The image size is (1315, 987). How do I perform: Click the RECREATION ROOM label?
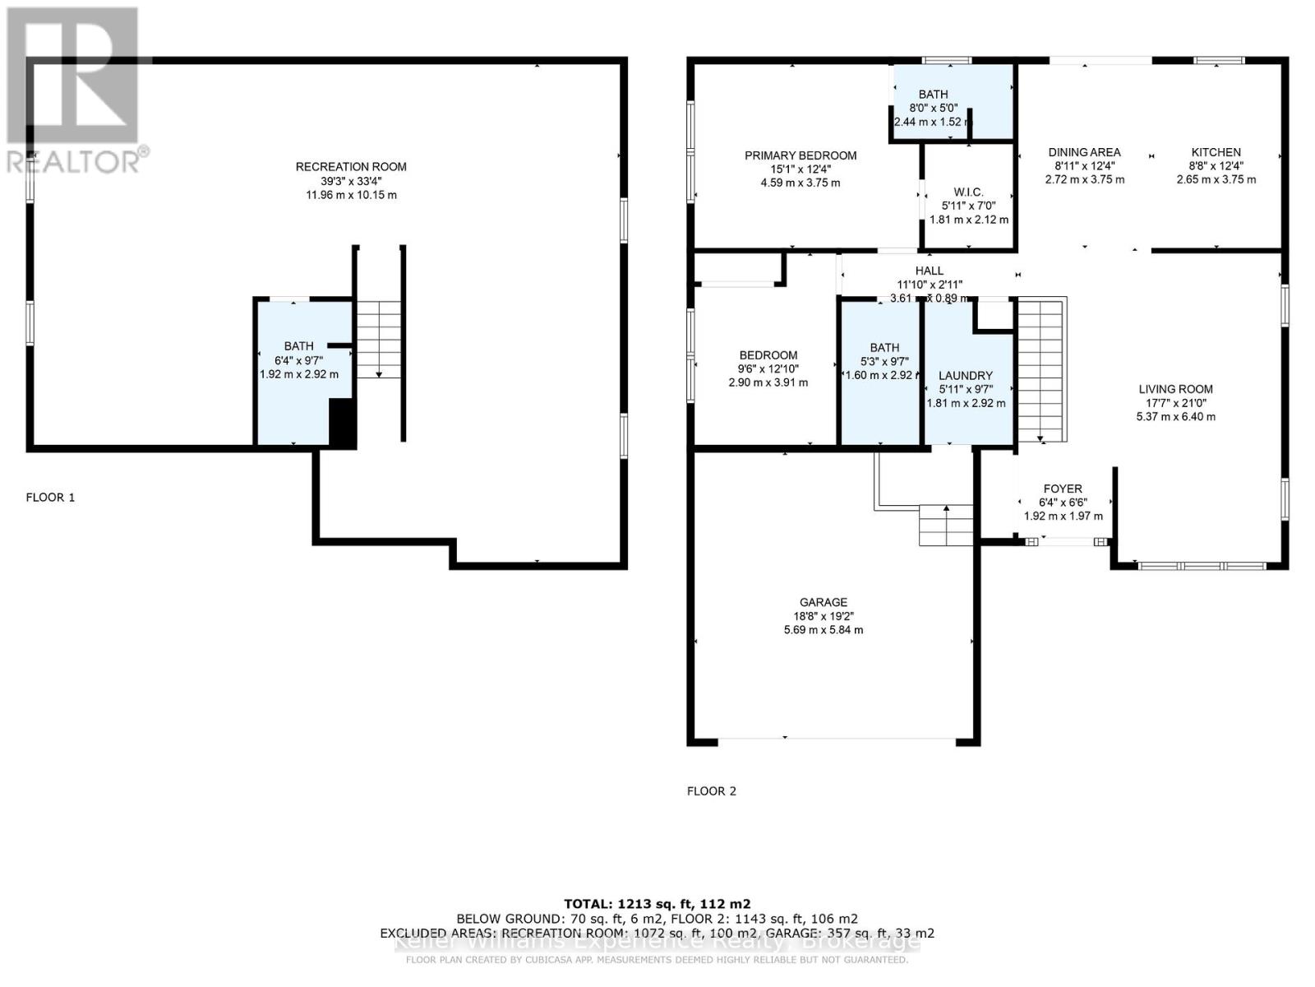point(351,167)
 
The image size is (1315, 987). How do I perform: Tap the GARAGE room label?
point(823,602)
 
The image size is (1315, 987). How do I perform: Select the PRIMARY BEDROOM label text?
point(801,155)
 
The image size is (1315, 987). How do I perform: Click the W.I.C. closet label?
point(968,192)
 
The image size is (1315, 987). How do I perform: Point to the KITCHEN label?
point(1216,152)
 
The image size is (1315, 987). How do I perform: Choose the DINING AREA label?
point(1084,152)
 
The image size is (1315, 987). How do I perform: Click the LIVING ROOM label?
point(1175,389)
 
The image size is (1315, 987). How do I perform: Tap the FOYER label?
point(1063,489)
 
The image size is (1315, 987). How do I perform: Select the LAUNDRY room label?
point(966,375)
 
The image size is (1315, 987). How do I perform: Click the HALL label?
point(930,271)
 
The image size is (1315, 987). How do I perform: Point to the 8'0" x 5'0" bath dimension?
point(933,108)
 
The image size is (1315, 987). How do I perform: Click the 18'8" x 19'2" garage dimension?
point(823,616)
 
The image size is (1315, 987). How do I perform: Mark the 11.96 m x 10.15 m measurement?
point(351,195)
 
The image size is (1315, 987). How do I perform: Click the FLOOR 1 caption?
point(50,498)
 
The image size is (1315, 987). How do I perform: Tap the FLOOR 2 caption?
point(712,791)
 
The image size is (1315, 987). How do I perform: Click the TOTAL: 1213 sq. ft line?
point(657,903)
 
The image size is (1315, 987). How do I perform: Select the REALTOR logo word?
point(74,160)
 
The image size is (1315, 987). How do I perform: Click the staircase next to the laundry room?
point(1041,370)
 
